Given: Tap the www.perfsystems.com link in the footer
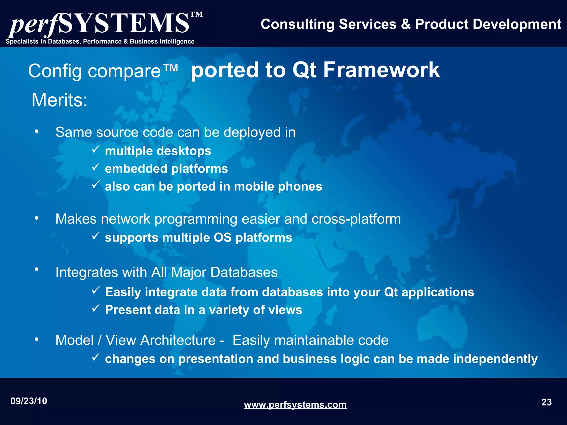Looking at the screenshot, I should (295, 405).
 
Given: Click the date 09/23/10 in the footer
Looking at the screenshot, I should (29, 401).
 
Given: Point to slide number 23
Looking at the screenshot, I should (546, 402).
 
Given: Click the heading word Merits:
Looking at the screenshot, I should (60, 100).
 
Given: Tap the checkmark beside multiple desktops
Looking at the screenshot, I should (96, 150).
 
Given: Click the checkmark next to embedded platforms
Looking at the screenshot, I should (96, 167).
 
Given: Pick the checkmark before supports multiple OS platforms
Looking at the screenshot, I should (96, 236).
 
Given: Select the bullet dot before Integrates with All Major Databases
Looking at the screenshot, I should (37, 269).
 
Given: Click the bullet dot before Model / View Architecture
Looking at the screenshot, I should (37, 340).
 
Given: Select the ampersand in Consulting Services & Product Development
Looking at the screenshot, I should (406, 24).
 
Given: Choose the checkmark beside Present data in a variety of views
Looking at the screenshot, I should (96, 308).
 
